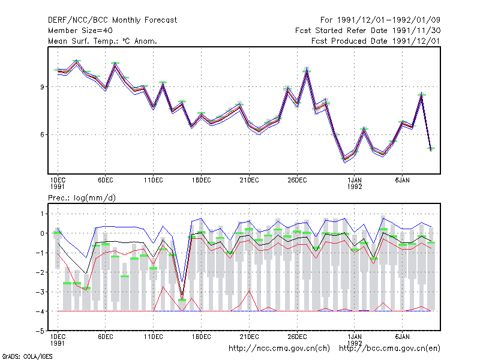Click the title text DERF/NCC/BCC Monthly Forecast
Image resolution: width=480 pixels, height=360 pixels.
tap(112, 20)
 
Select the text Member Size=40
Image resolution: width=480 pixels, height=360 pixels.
tap(80, 31)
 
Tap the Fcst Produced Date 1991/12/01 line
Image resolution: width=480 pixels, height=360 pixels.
tap(376, 41)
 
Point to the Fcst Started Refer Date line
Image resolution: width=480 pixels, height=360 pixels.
tap(368, 31)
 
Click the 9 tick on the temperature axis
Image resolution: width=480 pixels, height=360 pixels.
tap(42, 87)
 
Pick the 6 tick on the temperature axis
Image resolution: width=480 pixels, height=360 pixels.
tap(42, 134)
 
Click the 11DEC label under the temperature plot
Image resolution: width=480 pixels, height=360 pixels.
tap(154, 181)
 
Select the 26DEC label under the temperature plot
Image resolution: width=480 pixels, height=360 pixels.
tap(297, 181)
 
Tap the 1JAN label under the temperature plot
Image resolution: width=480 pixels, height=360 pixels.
tap(355, 181)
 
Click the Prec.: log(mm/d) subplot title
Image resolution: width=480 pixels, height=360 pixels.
tap(82, 198)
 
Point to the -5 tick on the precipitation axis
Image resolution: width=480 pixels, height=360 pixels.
tap(40, 331)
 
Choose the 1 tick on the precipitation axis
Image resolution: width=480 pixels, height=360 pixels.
tap(42, 214)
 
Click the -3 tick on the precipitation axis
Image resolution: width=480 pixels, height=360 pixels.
tap(40, 292)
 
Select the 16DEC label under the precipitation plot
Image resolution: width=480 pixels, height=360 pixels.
tap(201, 337)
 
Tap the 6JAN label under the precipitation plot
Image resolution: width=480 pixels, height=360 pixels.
tap(402, 337)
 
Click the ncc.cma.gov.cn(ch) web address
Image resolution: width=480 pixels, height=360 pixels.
tap(279, 349)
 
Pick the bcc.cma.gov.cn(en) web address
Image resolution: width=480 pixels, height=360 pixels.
tap(389, 349)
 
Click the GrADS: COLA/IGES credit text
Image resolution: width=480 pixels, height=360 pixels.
tap(27, 356)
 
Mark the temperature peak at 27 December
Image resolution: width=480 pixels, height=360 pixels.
tap(307, 71)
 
